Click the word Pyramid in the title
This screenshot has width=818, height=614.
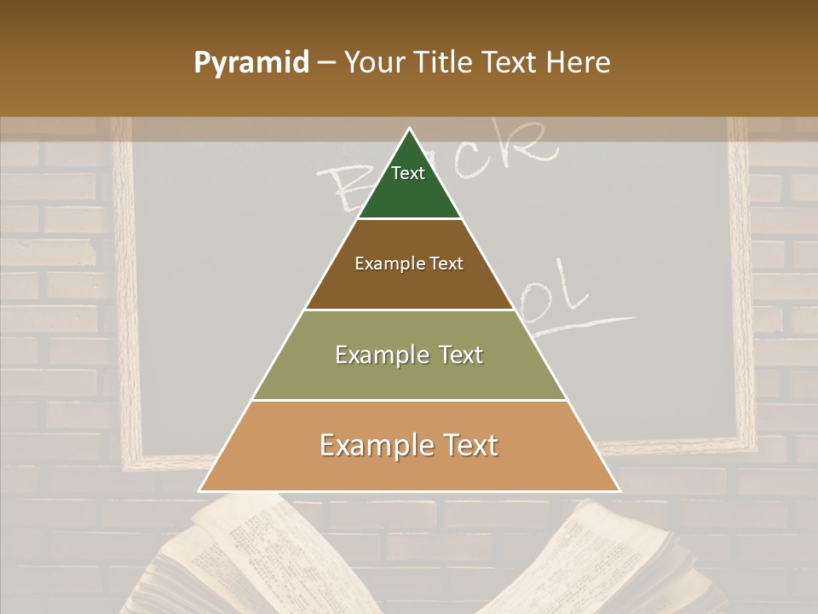pyautogui.click(x=251, y=63)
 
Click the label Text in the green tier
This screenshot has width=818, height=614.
pyautogui.click(x=408, y=173)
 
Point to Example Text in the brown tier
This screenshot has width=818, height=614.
pyautogui.click(x=409, y=264)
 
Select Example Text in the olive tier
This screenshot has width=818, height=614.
pyautogui.click(x=409, y=355)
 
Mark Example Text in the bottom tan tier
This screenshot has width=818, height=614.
pyautogui.click(x=409, y=445)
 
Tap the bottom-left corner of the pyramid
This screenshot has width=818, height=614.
pyautogui.click(x=201, y=490)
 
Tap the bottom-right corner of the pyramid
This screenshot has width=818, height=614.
pyautogui.click(x=619, y=490)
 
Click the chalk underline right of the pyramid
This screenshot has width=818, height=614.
pyautogui.click(x=596, y=323)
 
